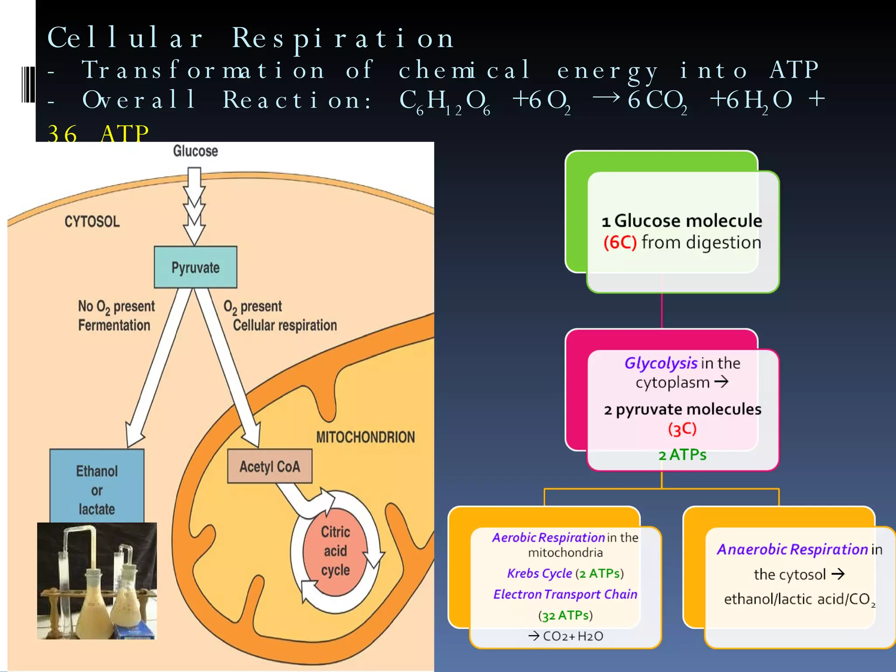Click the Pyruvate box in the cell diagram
tap(196, 267)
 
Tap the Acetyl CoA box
tap(269, 466)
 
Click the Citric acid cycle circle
tap(335, 551)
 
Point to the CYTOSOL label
tap(92, 221)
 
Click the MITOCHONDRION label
tap(365, 437)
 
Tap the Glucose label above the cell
tap(195, 151)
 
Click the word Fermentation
tap(114, 325)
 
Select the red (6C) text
tap(619, 242)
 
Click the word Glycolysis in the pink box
tap(660, 363)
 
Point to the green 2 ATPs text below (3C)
tap(682, 455)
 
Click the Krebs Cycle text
tap(539, 574)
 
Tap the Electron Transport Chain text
tap(565, 594)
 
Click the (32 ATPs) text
tap(565, 616)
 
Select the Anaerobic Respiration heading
tap(792, 549)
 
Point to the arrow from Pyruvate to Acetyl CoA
tap(227, 367)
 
